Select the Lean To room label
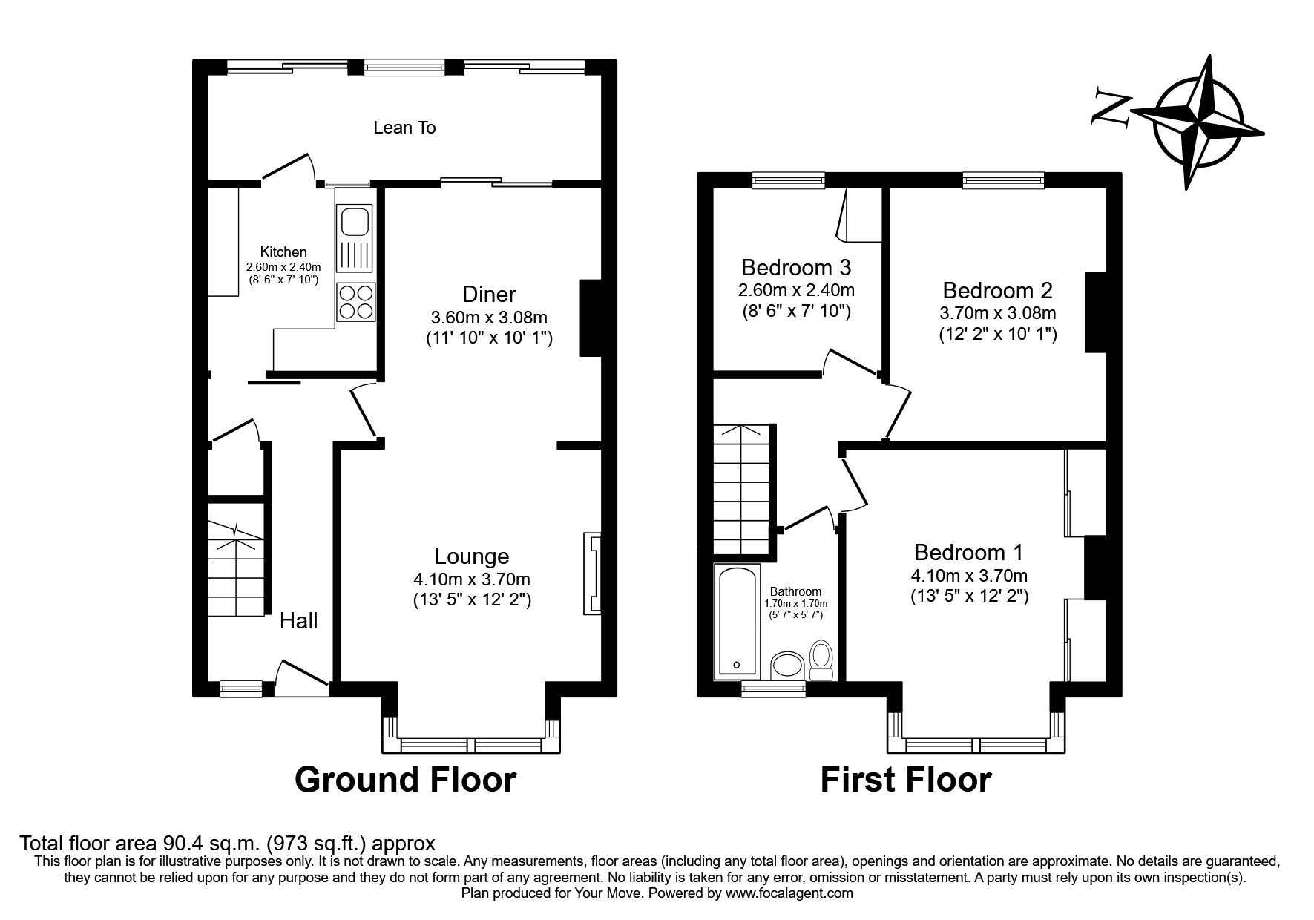[x=404, y=128]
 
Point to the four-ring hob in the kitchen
[x=355, y=301]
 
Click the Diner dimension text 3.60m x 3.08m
[x=489, y=318]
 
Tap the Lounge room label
[x=472, y=556]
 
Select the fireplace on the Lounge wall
[x=591, y=573]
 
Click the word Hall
[x=299, y=621]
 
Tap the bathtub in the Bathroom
[x=737, y=622]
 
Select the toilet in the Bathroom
[x=821, y=659]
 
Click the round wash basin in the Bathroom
[x=787, y=665]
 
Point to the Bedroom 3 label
[x=796, y=267]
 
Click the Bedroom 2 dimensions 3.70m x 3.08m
[x=998, y=313]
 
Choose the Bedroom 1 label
[x=968, y=553]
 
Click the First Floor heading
[x=906, y=781]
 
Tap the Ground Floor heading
[x=405, y=781]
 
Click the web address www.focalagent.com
[x=789, y=894]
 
